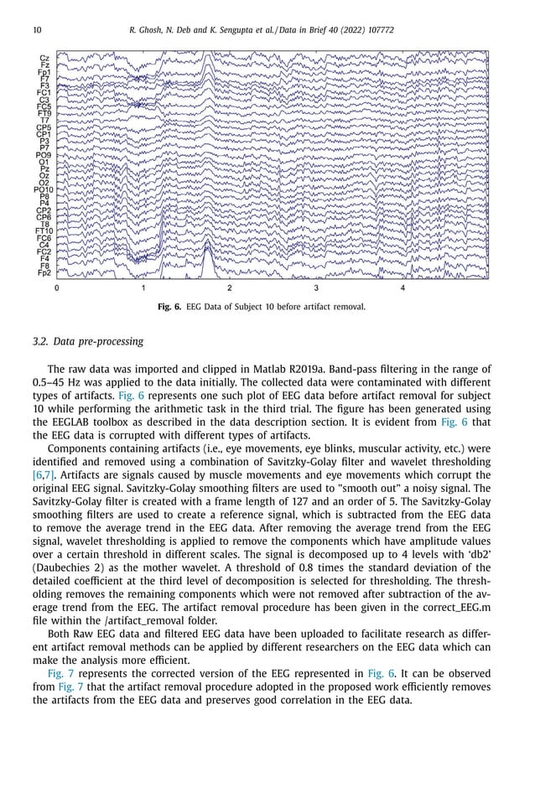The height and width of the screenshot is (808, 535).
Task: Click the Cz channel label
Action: click(44, 58)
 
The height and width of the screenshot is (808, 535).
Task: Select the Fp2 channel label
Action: click(43, 272)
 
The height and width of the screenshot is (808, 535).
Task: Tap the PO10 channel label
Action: click(43, 189)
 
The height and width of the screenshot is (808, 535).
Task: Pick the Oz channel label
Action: click(44, 175)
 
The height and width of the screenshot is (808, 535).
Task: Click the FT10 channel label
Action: click(43, 230)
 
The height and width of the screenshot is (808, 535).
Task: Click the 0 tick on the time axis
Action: click(57, 288)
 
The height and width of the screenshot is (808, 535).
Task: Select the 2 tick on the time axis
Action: click(230, 288)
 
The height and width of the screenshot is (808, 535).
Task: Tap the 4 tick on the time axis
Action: click(403, 288)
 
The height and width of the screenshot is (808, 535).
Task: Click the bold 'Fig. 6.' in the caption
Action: click(171, 307)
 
